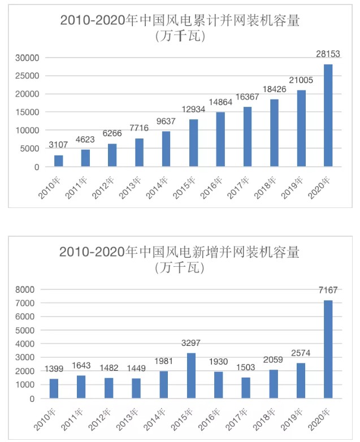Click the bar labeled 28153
tap(328, 115)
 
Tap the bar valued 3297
tap(191, 375)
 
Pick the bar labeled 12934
tap(194, 143)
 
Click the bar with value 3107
tap(59, 161)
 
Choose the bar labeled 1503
tap(246, 388)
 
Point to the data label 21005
tap(301, 80)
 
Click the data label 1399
tap(54, 369)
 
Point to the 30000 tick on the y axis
tap(28, 58)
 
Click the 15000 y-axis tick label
tap(28, 112)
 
